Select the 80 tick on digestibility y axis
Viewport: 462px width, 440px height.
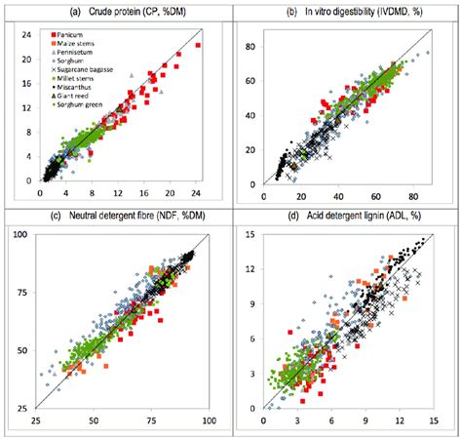[x=251, y=46]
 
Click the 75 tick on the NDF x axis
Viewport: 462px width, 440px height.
[x=151, y=420]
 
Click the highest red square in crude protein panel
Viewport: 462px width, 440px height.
[x=198, y=46]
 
